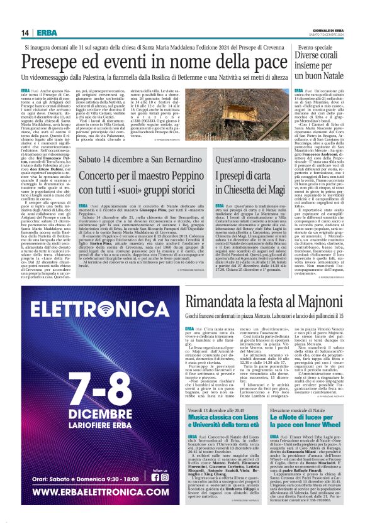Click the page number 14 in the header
[26, 33]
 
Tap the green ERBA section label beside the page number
[47, 33]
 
